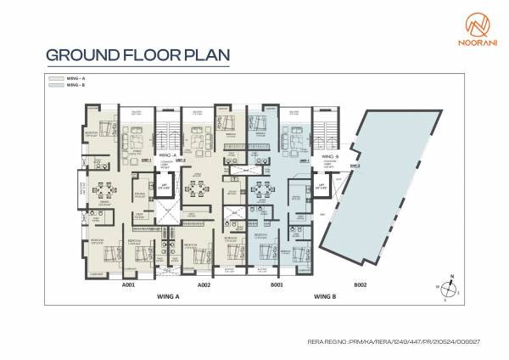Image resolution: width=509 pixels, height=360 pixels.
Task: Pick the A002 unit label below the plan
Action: (x=204, y=285)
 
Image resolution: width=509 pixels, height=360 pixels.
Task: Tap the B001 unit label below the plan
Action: (x=275, y=285)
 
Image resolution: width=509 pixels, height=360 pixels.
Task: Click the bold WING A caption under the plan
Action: (x=167, y=295)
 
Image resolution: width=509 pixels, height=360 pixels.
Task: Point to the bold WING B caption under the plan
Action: (x=324, y=295)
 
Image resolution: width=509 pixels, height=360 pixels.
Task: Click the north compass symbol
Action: (x=451, y=288)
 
